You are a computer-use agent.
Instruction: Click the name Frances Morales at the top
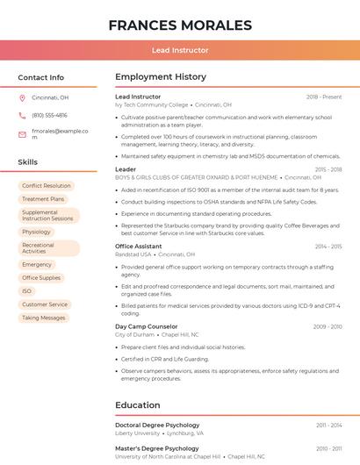click(x=180, y=25)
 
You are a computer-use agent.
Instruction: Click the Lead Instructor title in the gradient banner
click(x=180, y=50)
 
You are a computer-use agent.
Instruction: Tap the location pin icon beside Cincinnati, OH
click(x=22, y=97)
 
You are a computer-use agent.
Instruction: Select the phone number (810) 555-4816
click(x=49, y=115)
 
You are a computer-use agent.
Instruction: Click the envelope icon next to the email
click(x=22, y=133)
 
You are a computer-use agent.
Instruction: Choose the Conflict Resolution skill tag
click(x=47, y=186)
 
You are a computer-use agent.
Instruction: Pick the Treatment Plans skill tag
click(x=43, y=199)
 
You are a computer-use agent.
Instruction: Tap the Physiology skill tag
click(x=37, y=232)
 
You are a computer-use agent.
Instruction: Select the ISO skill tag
click(x=27, y=291)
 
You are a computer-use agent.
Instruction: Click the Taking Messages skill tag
click(x=44, y=318)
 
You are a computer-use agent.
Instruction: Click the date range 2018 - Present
click(x=324, y=97)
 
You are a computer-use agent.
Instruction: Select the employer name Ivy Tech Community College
click(x=152, y=104)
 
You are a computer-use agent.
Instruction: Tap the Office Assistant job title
click(x=139, y=247)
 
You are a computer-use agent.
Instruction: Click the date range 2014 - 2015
click(x=328, y=247)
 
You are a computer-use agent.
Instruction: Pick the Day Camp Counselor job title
click(x=146, y=326)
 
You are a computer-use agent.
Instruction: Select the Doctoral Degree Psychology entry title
click(x=157, y=425)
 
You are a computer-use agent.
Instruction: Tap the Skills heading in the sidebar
click(x=28, y=162)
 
